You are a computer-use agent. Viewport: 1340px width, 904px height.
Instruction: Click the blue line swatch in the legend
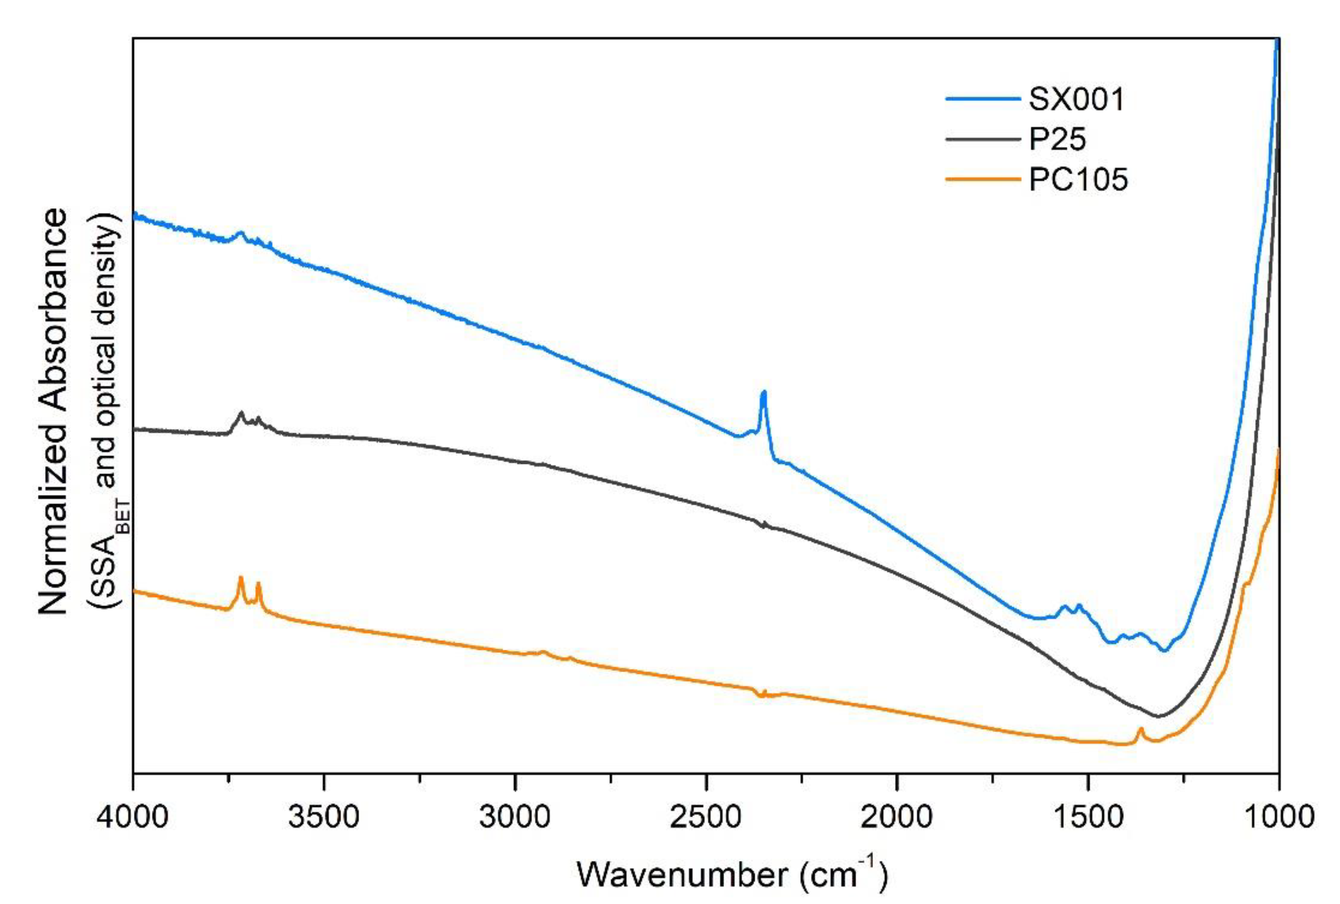[983, 99]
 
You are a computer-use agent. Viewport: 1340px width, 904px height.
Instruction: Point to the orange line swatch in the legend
[983, 179]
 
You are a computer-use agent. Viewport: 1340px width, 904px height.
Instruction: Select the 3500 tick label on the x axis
[324, 817]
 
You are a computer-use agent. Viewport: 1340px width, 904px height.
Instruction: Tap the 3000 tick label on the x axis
[515, 817]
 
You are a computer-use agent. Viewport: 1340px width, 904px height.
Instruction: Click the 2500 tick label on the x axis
[706, 817]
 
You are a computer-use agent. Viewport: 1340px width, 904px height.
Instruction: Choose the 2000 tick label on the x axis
[897, 817]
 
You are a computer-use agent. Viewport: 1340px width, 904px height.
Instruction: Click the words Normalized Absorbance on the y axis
[53, 412]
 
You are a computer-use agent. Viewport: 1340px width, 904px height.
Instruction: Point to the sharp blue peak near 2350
[764, 393]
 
